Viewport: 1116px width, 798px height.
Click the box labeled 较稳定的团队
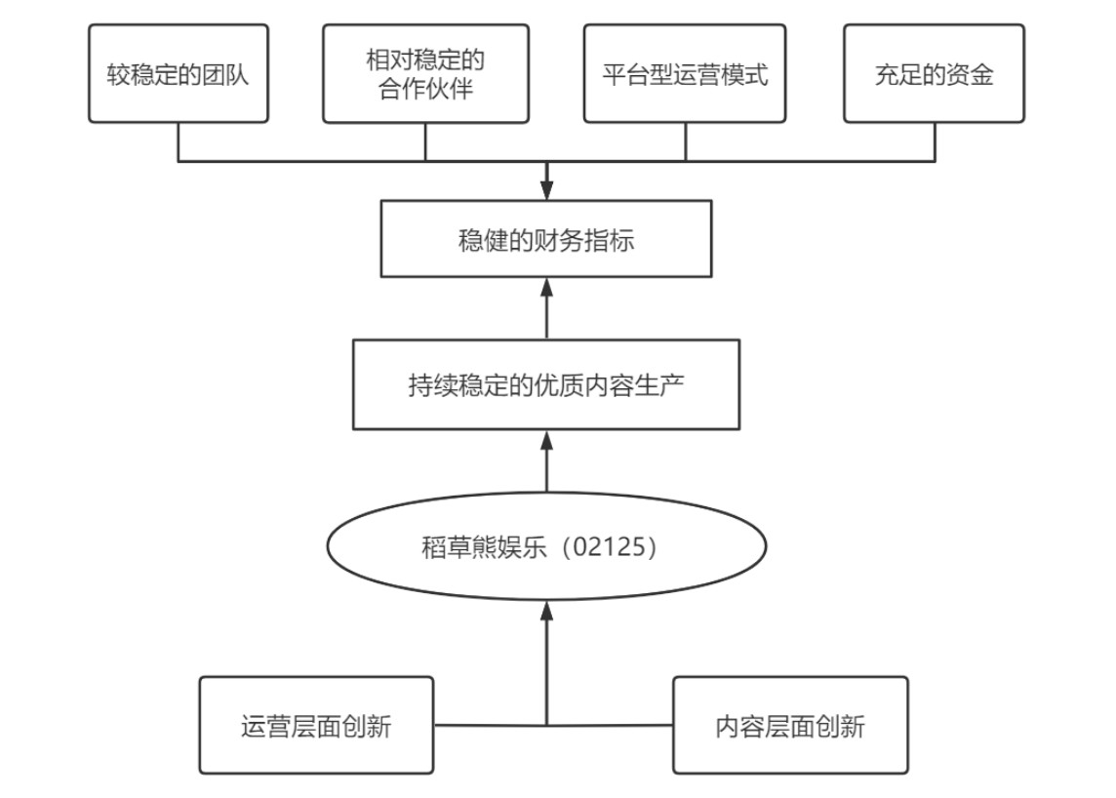(x=179, y=74)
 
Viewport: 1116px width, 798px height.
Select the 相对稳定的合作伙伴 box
(x=425, y=74)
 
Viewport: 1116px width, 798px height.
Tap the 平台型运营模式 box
(x=685, y=74)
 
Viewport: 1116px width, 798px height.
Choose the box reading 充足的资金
(x=934, y=74)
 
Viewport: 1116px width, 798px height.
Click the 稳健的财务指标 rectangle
(x=546, y=239)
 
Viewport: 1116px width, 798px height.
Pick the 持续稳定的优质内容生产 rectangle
(x=546, y=384)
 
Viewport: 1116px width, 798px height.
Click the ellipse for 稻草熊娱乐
(x=546, y=546)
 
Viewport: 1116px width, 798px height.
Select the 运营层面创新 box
(x=316, y=726)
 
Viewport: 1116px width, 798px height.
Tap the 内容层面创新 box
(x=790, y=726)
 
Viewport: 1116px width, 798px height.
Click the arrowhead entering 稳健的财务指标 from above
(x=546, y=191)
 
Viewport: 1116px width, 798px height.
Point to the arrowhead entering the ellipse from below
(x=546, y=611)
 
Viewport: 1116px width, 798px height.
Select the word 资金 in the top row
(x=969, y=75)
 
